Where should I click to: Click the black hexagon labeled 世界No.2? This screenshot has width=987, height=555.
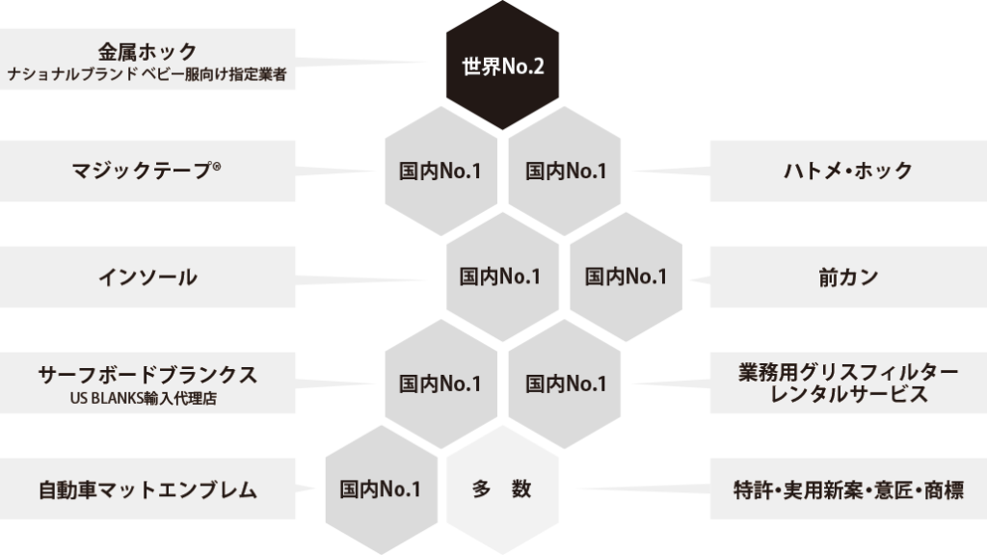coord(501,67)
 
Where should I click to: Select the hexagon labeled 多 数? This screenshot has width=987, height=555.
coord(501,489)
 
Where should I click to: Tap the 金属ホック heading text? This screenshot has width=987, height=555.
coord(147,51)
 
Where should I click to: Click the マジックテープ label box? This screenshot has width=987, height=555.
coord(147,172)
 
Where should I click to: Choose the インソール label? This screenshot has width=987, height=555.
coord(147,277)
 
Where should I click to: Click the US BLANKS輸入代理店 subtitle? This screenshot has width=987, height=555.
coord(147,396)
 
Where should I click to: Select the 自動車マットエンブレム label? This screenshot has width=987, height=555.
coord(147,489)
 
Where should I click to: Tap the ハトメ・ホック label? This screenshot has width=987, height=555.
coord(847,172)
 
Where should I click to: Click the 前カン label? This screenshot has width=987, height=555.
coord(847,277)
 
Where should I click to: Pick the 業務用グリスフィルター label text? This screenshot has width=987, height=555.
coord(847,373)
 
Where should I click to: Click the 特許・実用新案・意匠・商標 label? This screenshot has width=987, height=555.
coord(847,489)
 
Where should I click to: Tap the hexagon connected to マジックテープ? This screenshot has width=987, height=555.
coord(440,172)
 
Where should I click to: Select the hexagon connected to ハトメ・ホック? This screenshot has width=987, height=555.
coord(565,172)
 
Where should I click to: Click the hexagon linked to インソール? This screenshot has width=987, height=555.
coord(501,277)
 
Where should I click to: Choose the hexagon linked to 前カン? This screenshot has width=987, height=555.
coord(626,277)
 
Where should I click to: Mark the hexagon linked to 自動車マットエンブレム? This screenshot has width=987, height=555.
coord(380,489)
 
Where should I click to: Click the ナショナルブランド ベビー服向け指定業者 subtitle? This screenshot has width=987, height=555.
coord(147,74)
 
